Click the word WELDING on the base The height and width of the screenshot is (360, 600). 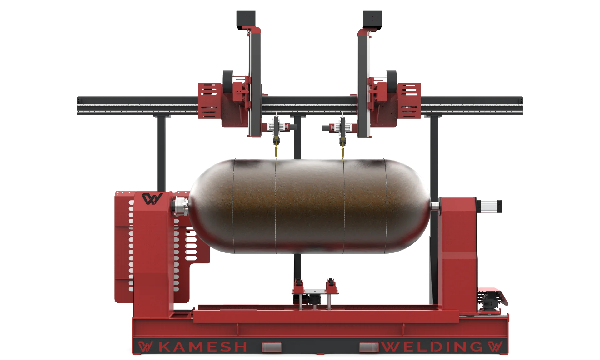click(433, 347)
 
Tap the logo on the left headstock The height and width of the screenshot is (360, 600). click(152, 199)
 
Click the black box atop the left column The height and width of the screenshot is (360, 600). click(246, 19)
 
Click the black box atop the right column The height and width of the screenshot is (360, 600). click(373, 19)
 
